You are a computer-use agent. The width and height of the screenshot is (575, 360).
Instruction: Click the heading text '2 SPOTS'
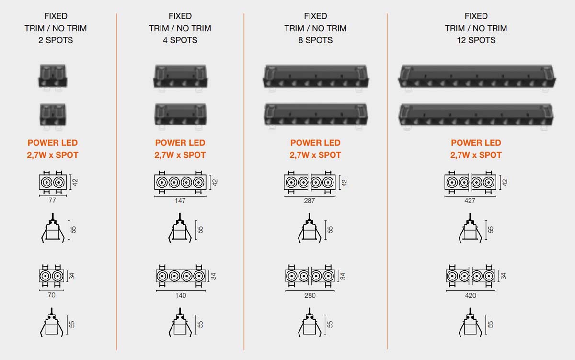(56, 40)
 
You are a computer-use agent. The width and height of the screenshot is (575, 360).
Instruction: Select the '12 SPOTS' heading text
(476, 40)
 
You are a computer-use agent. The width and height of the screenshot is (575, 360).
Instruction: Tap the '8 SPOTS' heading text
(315, 40)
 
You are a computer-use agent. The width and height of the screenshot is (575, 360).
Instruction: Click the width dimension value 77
(52, 200)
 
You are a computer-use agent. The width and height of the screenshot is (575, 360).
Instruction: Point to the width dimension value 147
(180, 200)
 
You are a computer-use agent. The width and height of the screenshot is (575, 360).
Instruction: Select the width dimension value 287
(310, 200)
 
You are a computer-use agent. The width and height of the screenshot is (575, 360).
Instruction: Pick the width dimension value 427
(470, 200)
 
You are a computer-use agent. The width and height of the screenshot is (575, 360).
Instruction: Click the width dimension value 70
(52, 295)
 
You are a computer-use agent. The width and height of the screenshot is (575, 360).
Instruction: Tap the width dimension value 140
(181, 295)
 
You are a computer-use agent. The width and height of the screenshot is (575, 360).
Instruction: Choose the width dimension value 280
(310, 295)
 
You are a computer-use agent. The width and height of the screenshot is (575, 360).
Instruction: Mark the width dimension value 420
(471, 295)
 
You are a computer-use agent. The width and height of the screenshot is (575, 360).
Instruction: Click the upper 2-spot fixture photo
(53, 77)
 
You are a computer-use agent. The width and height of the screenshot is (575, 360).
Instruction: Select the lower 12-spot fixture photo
(476, 116)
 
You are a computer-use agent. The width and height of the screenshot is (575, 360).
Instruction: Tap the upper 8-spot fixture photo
(315, 78)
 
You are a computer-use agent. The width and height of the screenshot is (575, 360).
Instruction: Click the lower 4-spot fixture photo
(180, 116)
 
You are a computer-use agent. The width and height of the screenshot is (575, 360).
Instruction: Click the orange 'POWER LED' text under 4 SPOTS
(180, 143)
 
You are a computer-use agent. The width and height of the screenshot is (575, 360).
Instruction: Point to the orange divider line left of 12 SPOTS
(387, 181)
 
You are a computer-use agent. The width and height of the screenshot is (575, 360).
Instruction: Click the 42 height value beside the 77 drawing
(75, 182)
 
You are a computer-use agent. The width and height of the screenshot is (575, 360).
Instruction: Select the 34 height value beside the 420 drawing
(503, 276)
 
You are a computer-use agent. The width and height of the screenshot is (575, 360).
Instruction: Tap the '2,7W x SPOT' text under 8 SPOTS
(315, 155)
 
